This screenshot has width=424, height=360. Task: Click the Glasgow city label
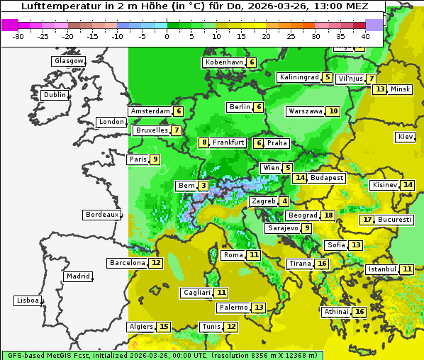coord(69,61)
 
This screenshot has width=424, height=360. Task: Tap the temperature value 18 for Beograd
coord(328,215)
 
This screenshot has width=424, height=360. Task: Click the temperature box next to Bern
coord(203,186)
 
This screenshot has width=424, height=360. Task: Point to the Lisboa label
coord(27,300)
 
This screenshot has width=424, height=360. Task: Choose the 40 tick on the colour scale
coord(365,35)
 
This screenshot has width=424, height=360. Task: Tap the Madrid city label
coord(77,276)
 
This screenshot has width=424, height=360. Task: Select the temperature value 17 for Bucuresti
coord(367,220)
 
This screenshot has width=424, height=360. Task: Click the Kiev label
coord(406,137)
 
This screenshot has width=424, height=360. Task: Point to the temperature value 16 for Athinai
coord(359,312)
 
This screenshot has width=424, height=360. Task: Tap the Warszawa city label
coord(305,111)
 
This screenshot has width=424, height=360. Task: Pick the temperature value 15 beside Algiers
coord(164,327)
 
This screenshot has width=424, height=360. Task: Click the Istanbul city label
coord(381,269)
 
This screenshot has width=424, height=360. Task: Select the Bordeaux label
coord(101,215)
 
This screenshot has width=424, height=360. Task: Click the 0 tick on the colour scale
coord(167,35)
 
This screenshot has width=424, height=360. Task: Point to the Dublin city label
coord(55,95)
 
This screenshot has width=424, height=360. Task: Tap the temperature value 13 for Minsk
coord(380,89)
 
